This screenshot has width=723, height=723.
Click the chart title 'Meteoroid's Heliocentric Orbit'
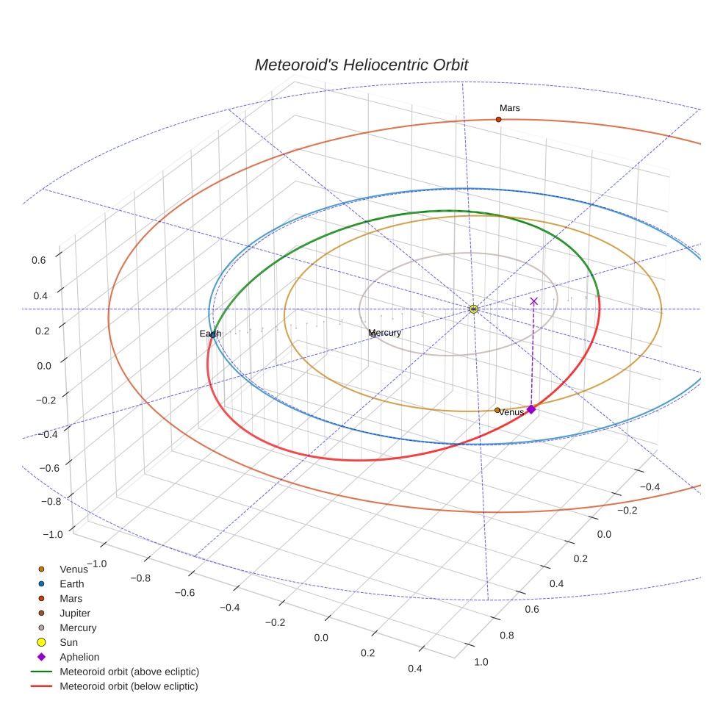(x=361, y=65)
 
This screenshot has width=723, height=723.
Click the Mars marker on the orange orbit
(x=498, y=119)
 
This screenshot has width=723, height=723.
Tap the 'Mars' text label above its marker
(x=509, y=108)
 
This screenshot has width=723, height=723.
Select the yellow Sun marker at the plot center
(x=474, y=309)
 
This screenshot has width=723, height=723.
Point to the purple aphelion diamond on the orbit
(x=530, y=409)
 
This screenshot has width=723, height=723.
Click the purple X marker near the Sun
(x=533, y=301)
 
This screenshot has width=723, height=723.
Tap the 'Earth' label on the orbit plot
(x=210, y=334)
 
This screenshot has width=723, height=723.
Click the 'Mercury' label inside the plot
(x=384, y=333)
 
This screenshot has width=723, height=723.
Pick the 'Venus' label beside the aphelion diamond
(x=511, y=412)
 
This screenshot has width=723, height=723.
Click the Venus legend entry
(x=73, y=569)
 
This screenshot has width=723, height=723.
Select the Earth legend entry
(x=71, y=584)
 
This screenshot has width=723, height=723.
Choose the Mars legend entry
(x=71, y=599)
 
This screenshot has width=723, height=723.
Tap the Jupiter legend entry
(x=75, y=614)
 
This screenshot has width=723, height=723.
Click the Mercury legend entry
(x=77, y=628)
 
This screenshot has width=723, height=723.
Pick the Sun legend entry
(x=68, y=643)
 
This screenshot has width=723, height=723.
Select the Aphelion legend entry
(x=79, y=658)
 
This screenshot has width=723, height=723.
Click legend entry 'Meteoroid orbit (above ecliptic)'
(x=129, y=672)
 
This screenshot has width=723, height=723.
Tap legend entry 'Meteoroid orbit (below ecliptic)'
(x=129, y=686)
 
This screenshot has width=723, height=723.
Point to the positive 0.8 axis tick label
(x=506, y=636)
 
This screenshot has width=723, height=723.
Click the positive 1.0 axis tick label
(x=481, y=662)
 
